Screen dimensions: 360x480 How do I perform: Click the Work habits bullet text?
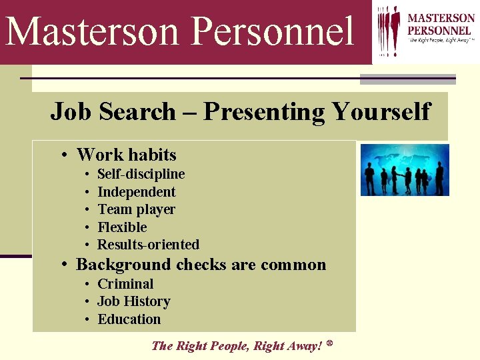coord(126,155)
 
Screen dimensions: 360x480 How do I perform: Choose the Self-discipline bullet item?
coord(141,174)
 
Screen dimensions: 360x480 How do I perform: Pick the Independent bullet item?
coord(136,192)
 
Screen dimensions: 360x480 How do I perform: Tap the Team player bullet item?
coord(136,209)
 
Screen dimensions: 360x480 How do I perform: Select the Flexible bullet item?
coord(122,227)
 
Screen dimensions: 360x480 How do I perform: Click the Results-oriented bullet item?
coord(148,244)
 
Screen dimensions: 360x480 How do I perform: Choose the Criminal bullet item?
coord(125,284)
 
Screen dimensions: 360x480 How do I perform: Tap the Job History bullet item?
coord(133,301)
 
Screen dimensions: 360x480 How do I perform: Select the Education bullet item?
coord(129,319)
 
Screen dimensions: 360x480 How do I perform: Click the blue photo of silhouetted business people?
coord(405,170)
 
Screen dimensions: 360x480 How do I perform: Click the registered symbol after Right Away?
coord(329,343)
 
